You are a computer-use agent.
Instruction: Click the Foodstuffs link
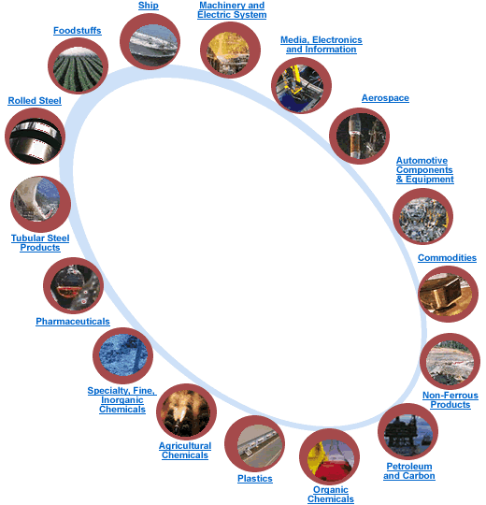(x=78, y=31)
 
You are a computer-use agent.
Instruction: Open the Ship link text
(x=149, y=6)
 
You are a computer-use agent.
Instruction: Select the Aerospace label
(x=385, y=98)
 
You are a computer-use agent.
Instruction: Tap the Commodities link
(x=447, y=258)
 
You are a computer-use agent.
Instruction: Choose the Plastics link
(x=255, y=479)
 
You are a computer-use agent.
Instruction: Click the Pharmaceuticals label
(x=73, y=322)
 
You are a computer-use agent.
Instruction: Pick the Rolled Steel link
(x=35, y=101)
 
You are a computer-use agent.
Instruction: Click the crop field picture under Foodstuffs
(x=78, y=66)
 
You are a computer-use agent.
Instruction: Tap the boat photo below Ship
(x=150, y=42)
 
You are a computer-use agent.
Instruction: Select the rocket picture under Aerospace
(x=359, y=136)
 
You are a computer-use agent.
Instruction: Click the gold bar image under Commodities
(x=448, y=294)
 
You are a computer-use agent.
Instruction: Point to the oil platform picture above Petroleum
(x=407, y=431)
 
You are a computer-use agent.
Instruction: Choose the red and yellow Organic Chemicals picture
(x=329, y=456)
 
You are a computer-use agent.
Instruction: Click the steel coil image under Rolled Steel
(x=36, y=136)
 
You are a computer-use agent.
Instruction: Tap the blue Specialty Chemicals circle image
(x=122, y=356)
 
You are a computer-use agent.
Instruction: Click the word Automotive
(x=422, y=161)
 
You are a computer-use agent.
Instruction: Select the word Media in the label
(x=294, y=40)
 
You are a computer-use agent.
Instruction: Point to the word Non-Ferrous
(x=450, y=396)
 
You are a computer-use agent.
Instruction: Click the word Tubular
(x=28, y=238)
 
